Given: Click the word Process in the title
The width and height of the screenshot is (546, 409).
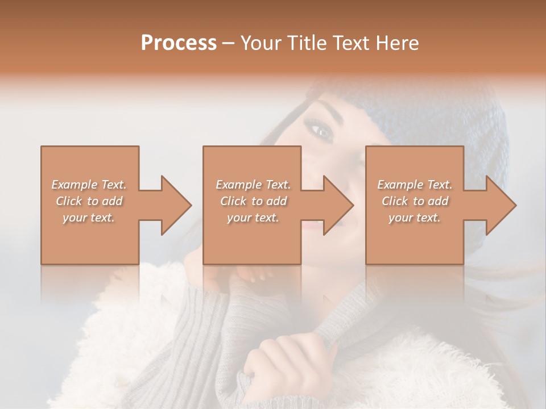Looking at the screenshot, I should [x=179, y=43].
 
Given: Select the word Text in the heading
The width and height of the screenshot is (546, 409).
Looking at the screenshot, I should [x=350, y=43].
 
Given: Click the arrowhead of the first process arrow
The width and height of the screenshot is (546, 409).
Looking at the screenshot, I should [x=177, y=205].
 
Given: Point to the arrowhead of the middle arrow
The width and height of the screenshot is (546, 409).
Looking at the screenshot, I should [x=339, y=205].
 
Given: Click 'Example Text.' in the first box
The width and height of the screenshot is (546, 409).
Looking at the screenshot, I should [x=89, y=185].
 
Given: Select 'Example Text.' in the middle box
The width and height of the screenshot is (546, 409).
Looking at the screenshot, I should [x=253, y=185].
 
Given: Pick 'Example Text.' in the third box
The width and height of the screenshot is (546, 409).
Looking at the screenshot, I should [x=415, y=185].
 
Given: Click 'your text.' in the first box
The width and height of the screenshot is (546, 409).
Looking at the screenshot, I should [x=89, y=218].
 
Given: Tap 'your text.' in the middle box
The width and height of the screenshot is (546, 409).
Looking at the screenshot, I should [x=253, y=218].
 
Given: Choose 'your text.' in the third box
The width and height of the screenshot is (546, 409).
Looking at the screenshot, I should [x=415, y=218].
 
